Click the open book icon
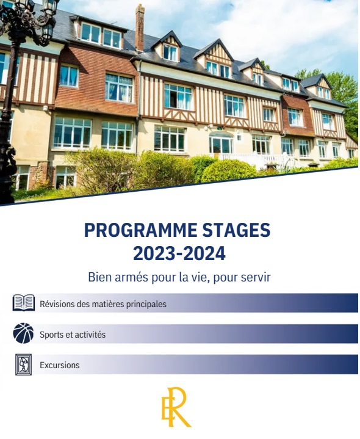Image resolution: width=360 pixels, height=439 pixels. [x=24, y=303]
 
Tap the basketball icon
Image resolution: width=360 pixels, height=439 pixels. [x=23, y=333]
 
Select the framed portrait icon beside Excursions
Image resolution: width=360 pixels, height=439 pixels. [x=24, y=365]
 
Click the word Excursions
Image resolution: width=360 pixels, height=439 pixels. [x=60, y=365]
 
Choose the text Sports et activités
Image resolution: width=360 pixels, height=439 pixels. [x=73, y=335]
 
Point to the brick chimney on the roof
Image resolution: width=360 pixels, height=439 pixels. [x=140, y=27]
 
